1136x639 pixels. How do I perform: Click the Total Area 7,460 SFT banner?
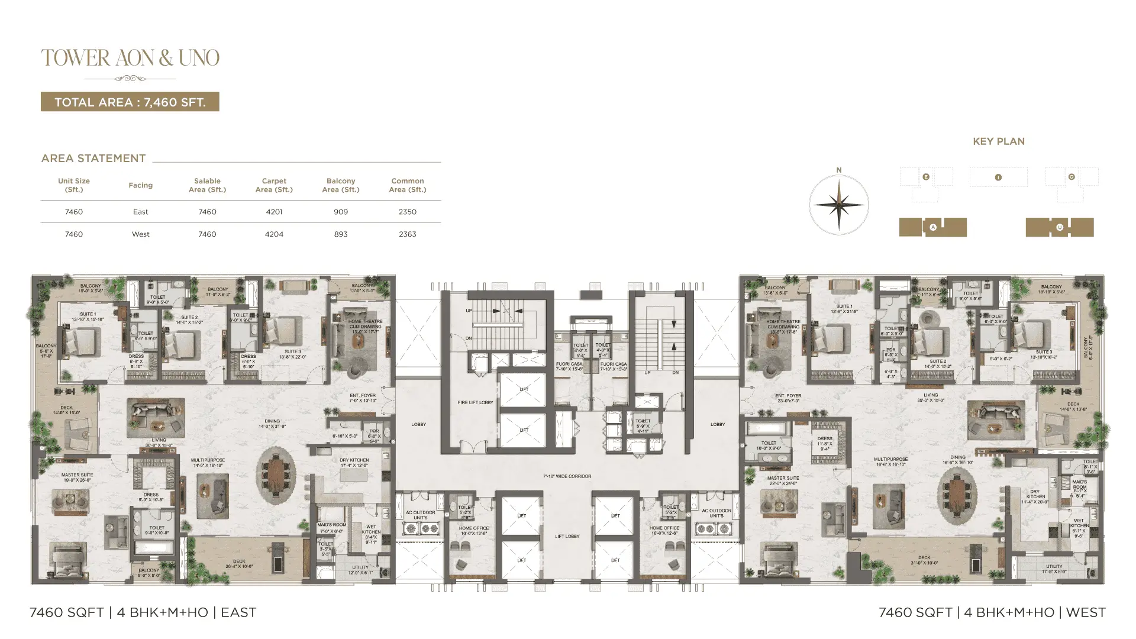(130, 102)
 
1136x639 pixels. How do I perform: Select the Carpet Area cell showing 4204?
(274, 234)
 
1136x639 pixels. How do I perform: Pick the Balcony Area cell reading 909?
(341, 212)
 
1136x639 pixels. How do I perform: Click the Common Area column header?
(408, 185)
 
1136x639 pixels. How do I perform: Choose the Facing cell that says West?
(141, 234)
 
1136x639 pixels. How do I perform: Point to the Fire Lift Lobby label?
(475, 402)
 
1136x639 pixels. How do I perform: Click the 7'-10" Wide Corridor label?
(567, 476)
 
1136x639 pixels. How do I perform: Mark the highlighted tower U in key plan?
(1059, 227)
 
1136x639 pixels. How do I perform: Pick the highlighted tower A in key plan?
(932, 227)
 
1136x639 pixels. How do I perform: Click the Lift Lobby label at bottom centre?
(567, 537)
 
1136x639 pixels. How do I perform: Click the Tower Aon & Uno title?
(130, 58)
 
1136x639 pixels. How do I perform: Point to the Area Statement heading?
(93, 159)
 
